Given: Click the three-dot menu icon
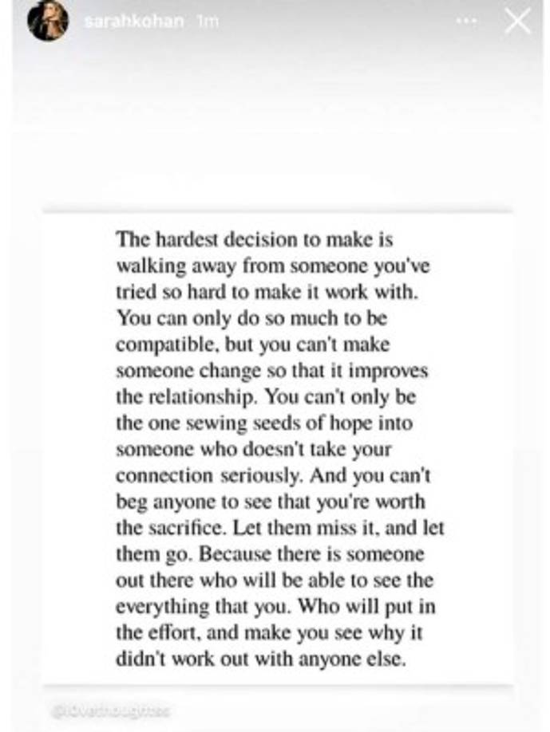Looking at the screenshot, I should pyautogui.click(x=466, y=22).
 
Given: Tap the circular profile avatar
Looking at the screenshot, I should pyautogui.click(x=47, y=22).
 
